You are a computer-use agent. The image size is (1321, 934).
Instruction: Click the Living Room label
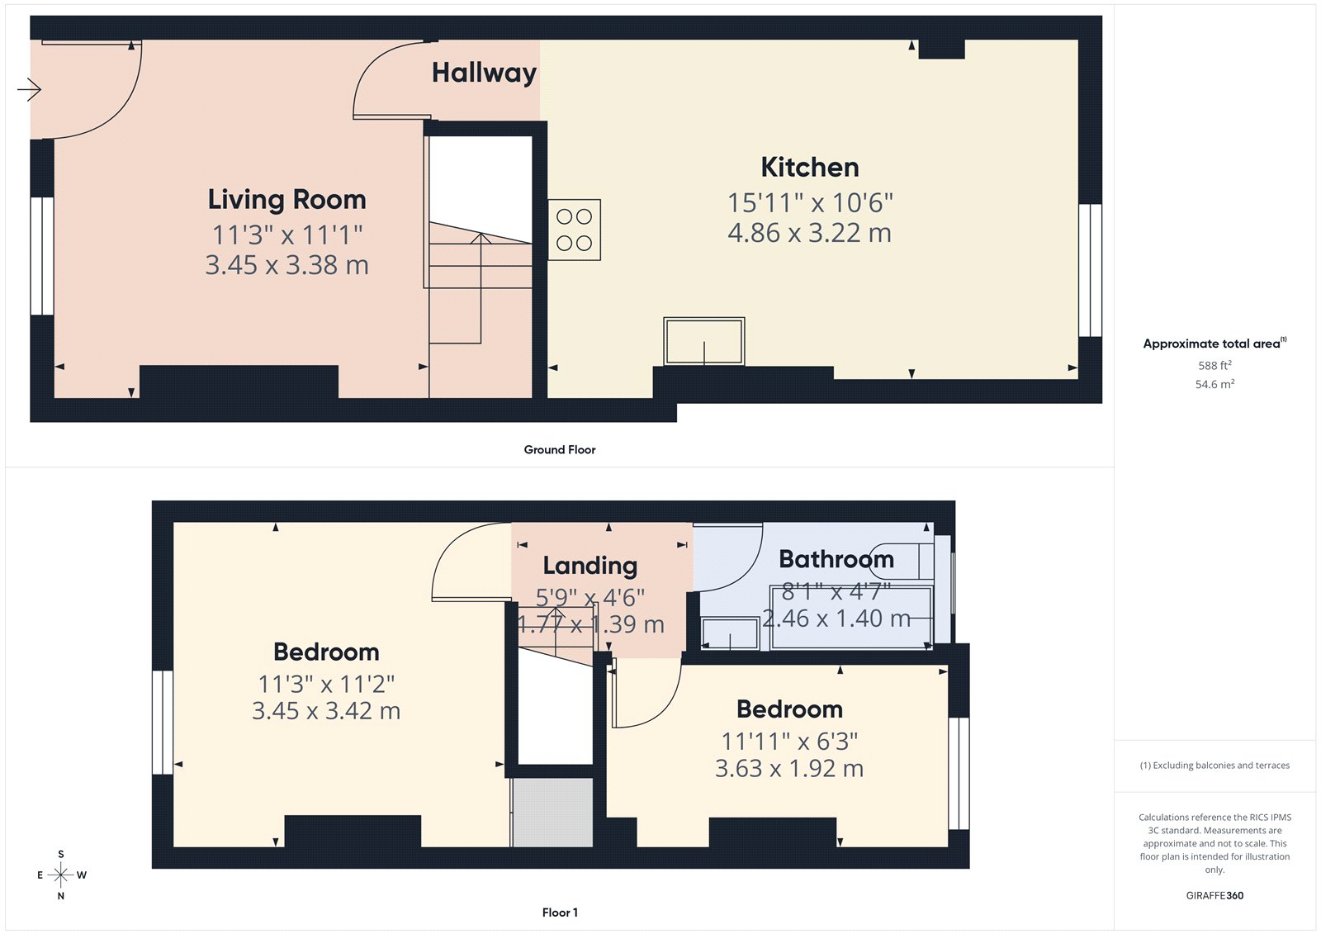pyautogui.click(x=286, y=200)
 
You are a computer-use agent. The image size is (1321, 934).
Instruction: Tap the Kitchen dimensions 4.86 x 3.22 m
pyautogui.click(x=809, y=233)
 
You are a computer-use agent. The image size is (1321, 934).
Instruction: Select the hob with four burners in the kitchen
pyautogui.click(x=574, y=230)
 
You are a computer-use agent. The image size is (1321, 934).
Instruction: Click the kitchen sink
pyautogui.click(x=703, y=341)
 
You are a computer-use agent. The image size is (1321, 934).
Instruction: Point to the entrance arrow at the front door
pyautogui.click(x=29, y=88)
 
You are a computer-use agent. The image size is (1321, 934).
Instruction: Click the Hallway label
pyautogui.click(x=484, y=73)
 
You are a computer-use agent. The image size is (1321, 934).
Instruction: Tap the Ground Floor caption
pyautogui.click(x=559, y=449)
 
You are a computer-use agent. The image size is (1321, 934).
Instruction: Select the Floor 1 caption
pyautogui.click(x=560, y=913)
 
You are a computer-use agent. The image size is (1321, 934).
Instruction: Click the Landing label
pyautogui.click(x=589, y=566)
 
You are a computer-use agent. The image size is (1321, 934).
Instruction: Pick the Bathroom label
pyautogui.click(x=836, y=559)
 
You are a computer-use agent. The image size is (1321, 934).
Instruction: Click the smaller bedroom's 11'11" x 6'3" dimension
pyautogui.click(x=789, y=742)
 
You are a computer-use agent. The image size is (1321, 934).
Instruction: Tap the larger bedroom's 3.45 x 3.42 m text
pyautogui.click(x=326, y=711)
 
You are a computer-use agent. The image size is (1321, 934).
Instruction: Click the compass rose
pyautogui.click(x=61, y=875)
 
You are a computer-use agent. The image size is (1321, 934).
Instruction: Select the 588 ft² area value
pyautogui.click(x=1214, y=365)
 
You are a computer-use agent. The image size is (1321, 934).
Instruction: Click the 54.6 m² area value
pyautogui.click(x=1214, y=384)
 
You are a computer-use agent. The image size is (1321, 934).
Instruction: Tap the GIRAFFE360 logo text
pyautogui.click(x=1214, y=895)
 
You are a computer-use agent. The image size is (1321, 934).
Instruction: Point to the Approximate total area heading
pyautogui.click(x=1211, y=344)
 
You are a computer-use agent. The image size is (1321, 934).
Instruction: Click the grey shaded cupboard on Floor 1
pyautogui.click(x=552, y=812)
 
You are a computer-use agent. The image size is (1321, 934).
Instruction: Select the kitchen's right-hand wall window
pyautogui.click(x=1090, y=270)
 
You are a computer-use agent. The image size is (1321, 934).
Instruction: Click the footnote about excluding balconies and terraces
pyautogui.click(x=1214, y=766)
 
